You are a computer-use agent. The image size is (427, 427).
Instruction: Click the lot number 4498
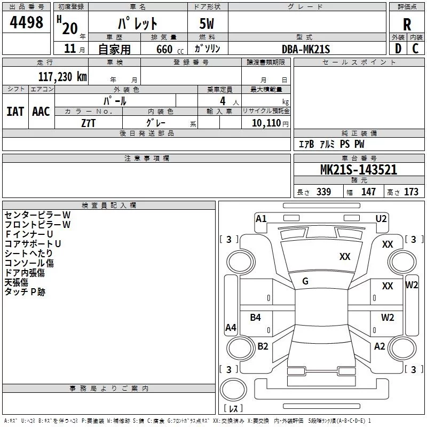[x=27, y=23]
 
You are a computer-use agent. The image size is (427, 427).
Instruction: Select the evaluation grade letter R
[x=407, y=24]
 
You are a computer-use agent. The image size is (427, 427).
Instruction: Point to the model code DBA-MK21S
[x=306, y=49]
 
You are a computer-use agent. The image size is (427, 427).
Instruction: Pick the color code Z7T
[x=89, y=122]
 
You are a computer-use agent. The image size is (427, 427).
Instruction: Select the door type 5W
[x=208, y=24]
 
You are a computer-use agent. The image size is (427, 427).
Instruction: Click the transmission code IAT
[x=15, y=111]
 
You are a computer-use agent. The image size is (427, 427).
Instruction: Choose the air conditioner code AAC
[x=41, y=111]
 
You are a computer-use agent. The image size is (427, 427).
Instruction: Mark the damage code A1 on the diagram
[x=261, y=218]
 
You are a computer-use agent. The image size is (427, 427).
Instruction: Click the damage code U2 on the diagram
[x=381, y=218]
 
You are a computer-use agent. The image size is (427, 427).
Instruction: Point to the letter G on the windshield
[x=305, y=281]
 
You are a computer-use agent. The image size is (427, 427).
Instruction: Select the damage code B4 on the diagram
[x=256, y=318]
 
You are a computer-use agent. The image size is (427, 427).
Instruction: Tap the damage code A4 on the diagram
[x=231, y=328]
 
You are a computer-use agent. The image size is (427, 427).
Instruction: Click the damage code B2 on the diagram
[x=263, y=346]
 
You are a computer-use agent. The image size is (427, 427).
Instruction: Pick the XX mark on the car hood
[x=345, y=257]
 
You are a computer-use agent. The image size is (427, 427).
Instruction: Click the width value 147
[x=368, y=192]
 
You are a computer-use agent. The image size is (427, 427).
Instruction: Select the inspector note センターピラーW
[x=37, y=215]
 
